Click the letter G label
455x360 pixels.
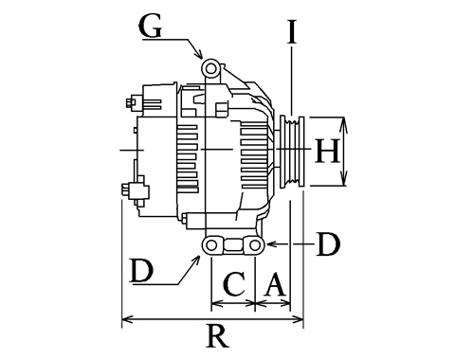point(151,27)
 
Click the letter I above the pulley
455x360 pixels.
point(292,31)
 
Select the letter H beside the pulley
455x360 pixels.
point(327,152)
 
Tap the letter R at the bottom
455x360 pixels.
point(218,336)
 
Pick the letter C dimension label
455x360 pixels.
point(234,284)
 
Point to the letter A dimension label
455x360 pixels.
point(274,284)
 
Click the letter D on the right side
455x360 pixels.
point(329,244)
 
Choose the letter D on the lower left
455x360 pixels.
point(142,271)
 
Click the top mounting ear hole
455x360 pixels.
point(210,68)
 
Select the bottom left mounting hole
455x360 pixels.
point(211,244)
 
